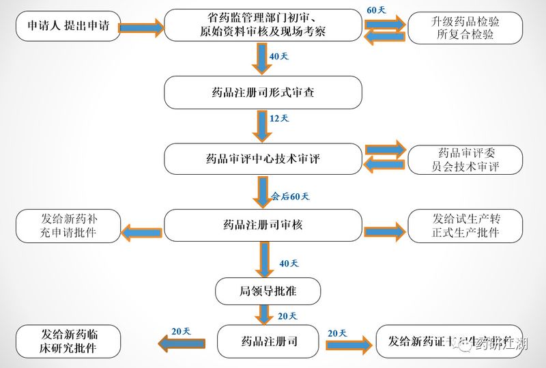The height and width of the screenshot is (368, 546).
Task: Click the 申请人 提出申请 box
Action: (68, 27)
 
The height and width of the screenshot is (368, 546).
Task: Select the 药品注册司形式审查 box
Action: (263, 92)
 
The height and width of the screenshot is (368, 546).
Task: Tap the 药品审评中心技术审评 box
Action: (263, 160)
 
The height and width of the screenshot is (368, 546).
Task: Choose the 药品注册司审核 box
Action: (263, 225)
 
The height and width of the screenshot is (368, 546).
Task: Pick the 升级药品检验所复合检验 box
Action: (465, 28)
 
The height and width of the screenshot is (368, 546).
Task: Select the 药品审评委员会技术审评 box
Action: (465, 160)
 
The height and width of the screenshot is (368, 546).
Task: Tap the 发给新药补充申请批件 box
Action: (68, 225)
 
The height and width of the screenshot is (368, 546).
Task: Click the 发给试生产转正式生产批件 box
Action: (465, 225)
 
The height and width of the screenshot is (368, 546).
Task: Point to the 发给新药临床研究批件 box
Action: (68, 341)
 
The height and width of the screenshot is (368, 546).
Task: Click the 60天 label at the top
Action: (376, 10)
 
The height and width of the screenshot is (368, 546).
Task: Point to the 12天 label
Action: (279, 118)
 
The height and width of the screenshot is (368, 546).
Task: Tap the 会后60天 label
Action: (290, 197)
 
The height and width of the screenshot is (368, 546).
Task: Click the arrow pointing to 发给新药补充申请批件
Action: (142, 232)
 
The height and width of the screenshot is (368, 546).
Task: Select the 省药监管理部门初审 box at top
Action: (263, 26)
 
